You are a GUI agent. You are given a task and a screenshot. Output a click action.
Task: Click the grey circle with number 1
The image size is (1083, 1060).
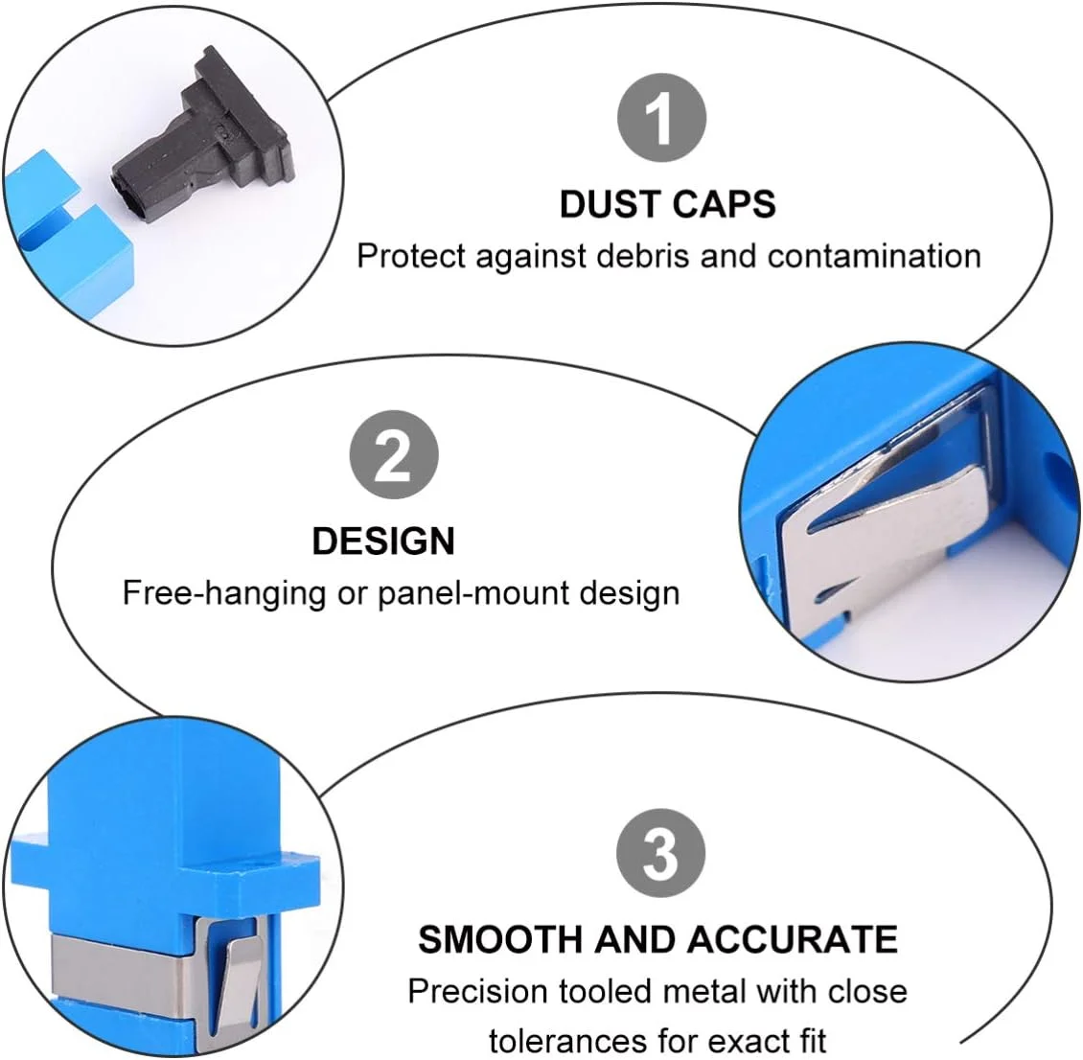tap(661, 118)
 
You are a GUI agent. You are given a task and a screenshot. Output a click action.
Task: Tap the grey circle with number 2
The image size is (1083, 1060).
tap(394, 455)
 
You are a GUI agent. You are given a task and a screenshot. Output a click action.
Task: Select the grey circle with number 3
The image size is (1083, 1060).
tap(661, 854)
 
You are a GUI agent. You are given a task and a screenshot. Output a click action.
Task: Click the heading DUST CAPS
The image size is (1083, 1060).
tap(667, 204)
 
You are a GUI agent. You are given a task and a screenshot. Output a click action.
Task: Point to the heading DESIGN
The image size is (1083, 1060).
tap(383, 541)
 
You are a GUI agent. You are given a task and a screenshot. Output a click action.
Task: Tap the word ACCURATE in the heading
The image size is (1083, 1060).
tap(792, 940)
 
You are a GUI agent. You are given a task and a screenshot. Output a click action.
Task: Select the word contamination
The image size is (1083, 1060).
tap(874, 256)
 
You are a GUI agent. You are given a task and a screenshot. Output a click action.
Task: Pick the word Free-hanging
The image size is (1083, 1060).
tap(224, 593)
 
